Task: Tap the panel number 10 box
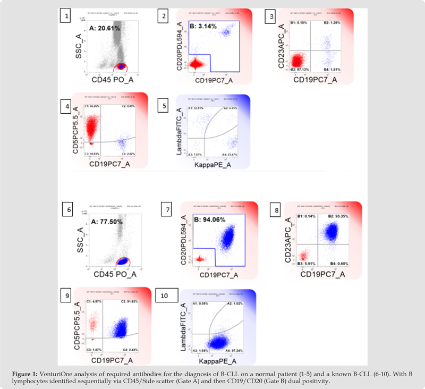click(166, 296)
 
